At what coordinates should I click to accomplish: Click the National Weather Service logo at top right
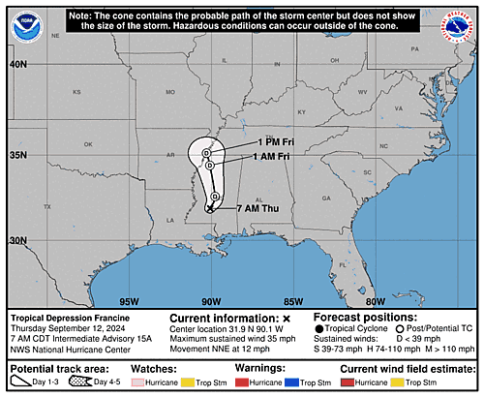[x=457, y=27]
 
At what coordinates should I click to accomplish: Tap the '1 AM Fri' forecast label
[x=269, y=157]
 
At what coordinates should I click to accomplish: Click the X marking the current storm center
[x=210, y=207]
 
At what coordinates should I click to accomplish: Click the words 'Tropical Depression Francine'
[x=70, y=317]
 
